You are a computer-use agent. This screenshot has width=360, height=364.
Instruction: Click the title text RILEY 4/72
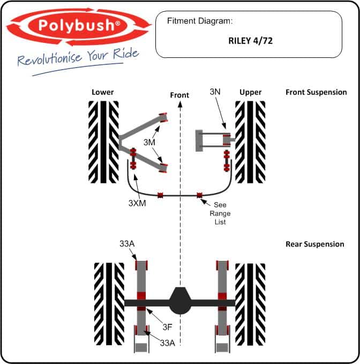pos(251,41)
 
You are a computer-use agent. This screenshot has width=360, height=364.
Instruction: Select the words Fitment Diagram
pos(200,21)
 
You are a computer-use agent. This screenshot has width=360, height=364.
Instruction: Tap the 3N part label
pos(215,92)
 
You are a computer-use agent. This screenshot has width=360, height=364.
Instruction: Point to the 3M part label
pos(149,142)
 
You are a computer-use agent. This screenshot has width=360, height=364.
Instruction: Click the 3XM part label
pos(137,203)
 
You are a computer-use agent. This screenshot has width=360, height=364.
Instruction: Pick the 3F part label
pos(167,327)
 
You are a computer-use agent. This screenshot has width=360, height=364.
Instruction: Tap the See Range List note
pos(220,213)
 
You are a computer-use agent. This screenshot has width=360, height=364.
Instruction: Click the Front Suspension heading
pos(316,92)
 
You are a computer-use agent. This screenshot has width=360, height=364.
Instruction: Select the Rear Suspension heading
pos(315,244)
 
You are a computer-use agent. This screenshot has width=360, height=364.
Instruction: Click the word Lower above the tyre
pos(102,92)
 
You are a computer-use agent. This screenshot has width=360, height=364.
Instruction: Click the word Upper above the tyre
pos(251,92)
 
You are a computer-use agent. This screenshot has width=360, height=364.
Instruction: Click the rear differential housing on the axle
pos(181,301)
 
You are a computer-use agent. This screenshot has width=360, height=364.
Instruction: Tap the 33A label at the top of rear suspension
pos(127,244)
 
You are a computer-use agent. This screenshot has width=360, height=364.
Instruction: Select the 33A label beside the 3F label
pos(168,343)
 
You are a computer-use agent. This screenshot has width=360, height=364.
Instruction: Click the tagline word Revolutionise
pos(50,58)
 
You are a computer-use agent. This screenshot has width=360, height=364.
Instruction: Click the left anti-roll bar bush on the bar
pos(160,195)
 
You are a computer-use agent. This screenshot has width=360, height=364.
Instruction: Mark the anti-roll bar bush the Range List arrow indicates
pos(199,195)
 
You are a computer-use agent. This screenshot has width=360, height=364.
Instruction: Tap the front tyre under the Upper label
pos(250,142)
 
